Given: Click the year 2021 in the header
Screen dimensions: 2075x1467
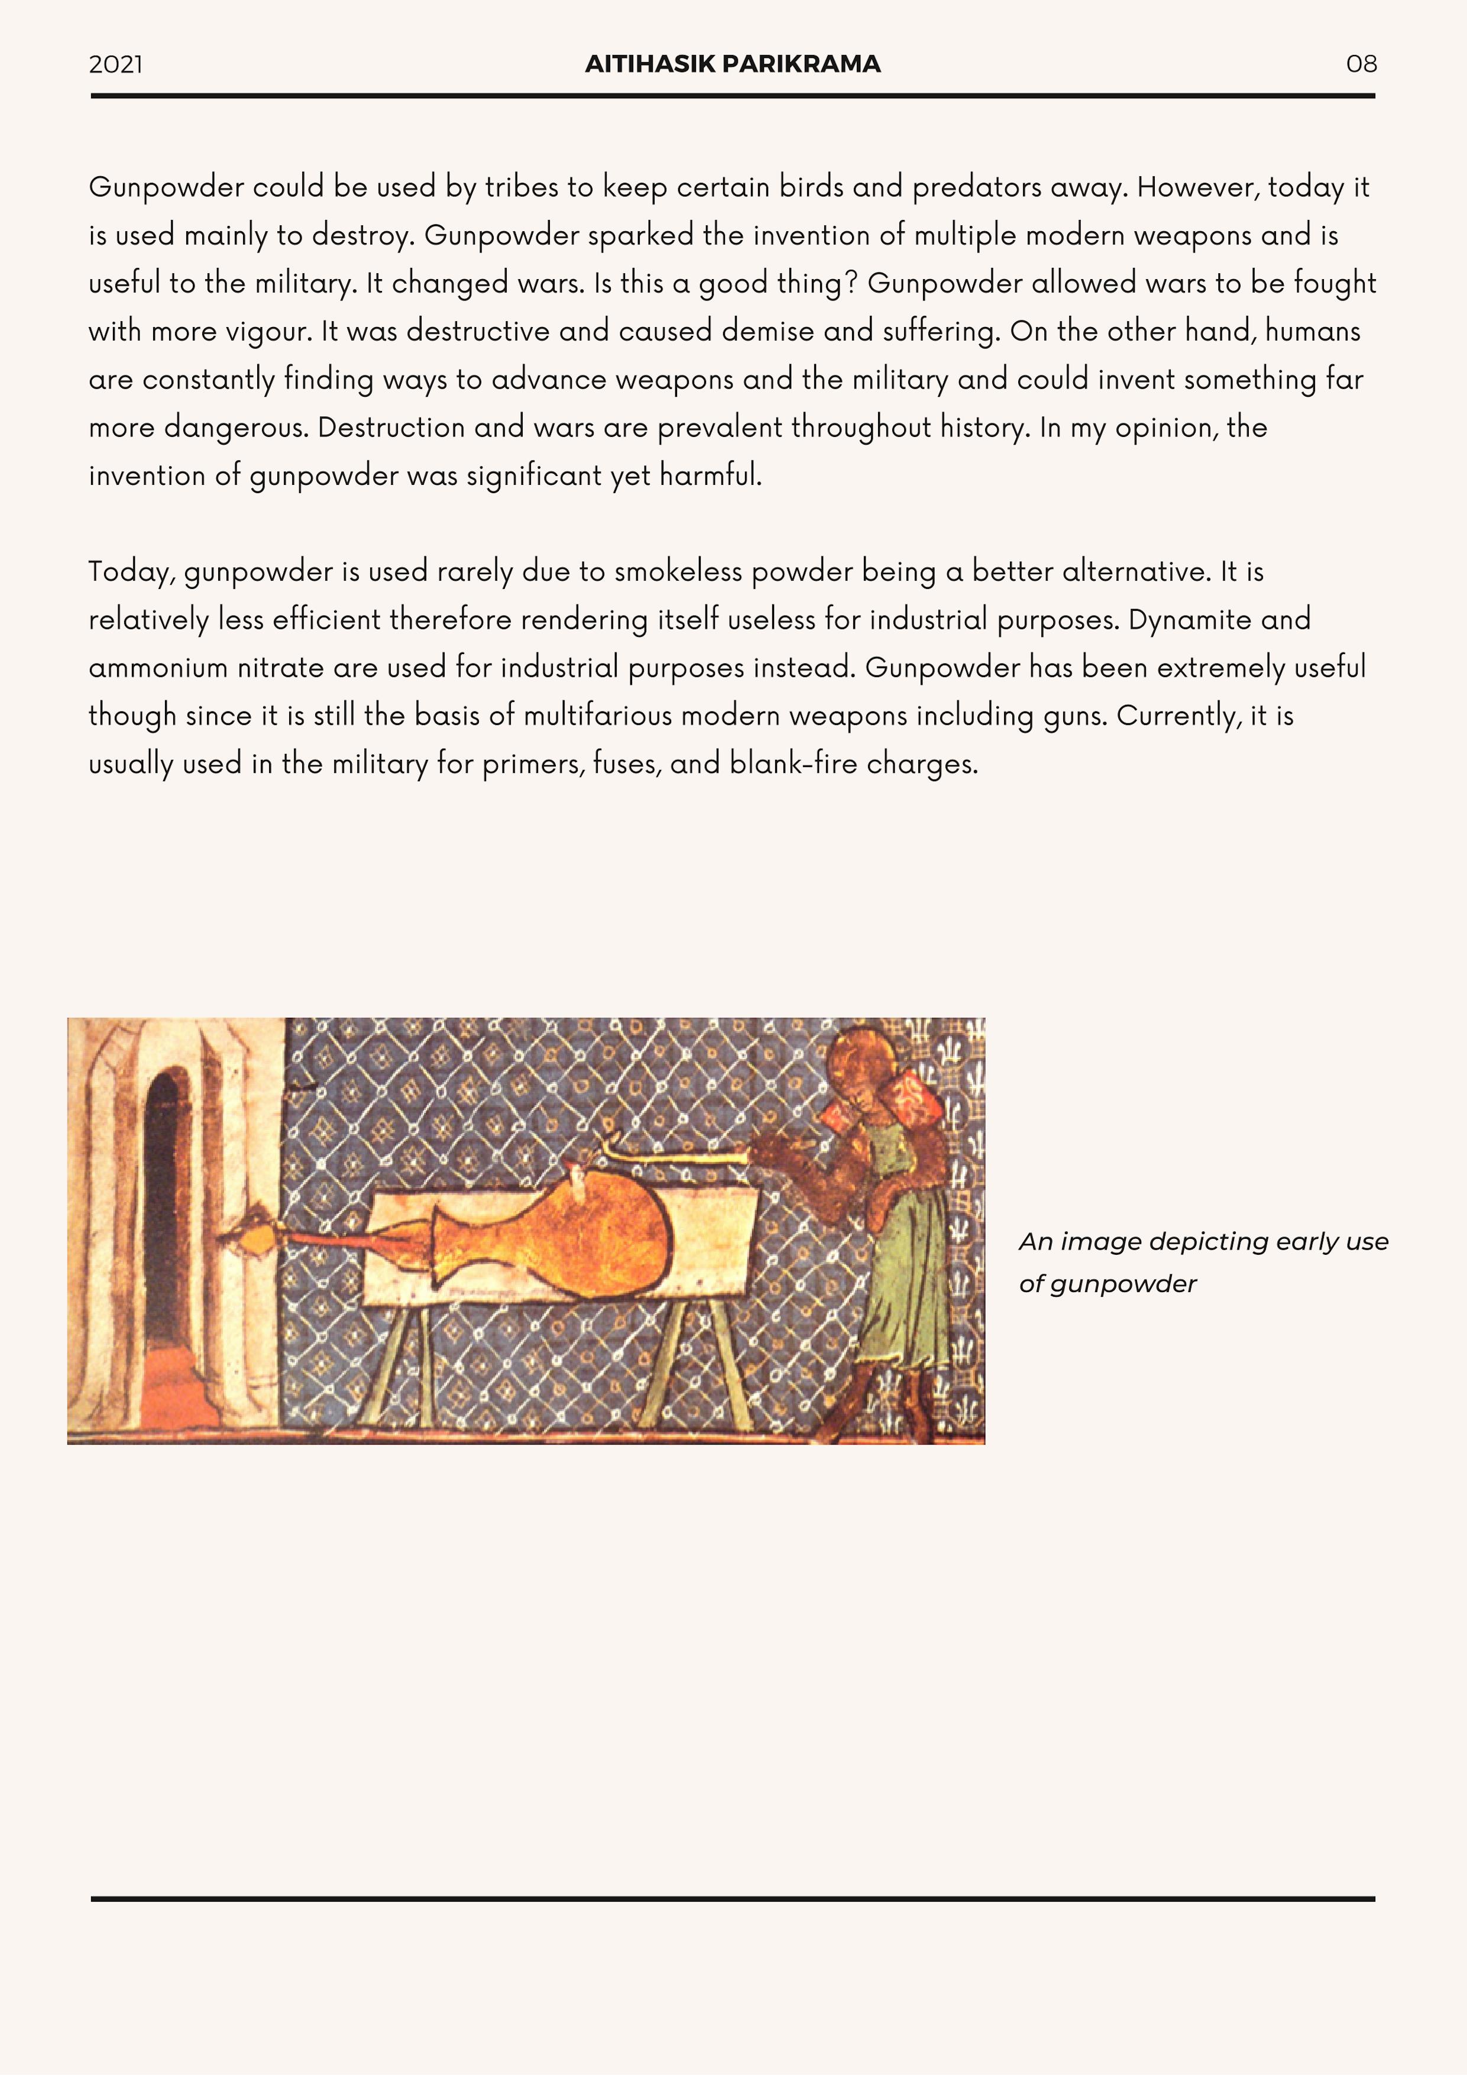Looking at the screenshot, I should [116, 64].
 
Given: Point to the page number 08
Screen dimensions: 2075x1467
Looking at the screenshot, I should [1361, 64].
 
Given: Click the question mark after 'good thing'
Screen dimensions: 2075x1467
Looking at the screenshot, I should [850, 283].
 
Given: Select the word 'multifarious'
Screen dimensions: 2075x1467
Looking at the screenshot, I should [597, 716].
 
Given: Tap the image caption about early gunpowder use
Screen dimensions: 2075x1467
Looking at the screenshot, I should [1202, 1262].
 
